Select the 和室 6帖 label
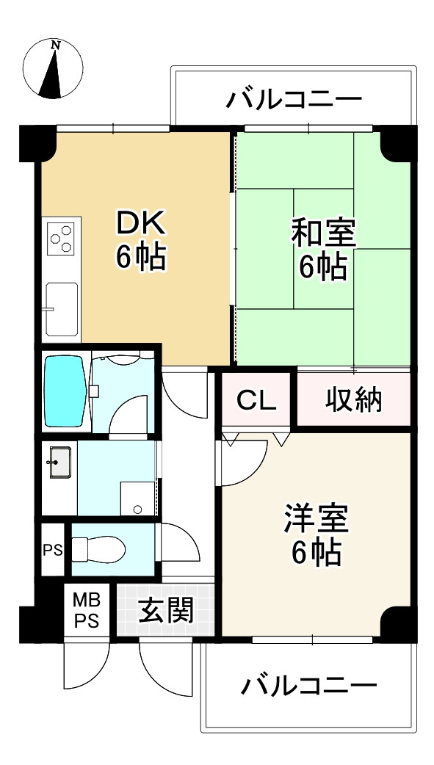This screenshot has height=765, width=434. [x=322, y=250]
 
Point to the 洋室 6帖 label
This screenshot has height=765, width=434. [x=317, y=534]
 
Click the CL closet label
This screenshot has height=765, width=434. [x=256, y=401]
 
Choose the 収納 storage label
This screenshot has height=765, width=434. [x=354, y=401]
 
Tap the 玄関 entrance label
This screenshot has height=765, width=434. [x=166, y=611]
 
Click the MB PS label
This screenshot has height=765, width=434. [x=87, y=611]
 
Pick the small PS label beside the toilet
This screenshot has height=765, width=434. [x=51, y=548]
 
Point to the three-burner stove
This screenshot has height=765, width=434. [x=62, y=238]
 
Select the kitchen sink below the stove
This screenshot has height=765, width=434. [x=62, y=307]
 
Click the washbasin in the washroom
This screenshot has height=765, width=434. [x=60, y=463]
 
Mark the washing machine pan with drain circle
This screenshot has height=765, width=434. [x=138, y=499]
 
